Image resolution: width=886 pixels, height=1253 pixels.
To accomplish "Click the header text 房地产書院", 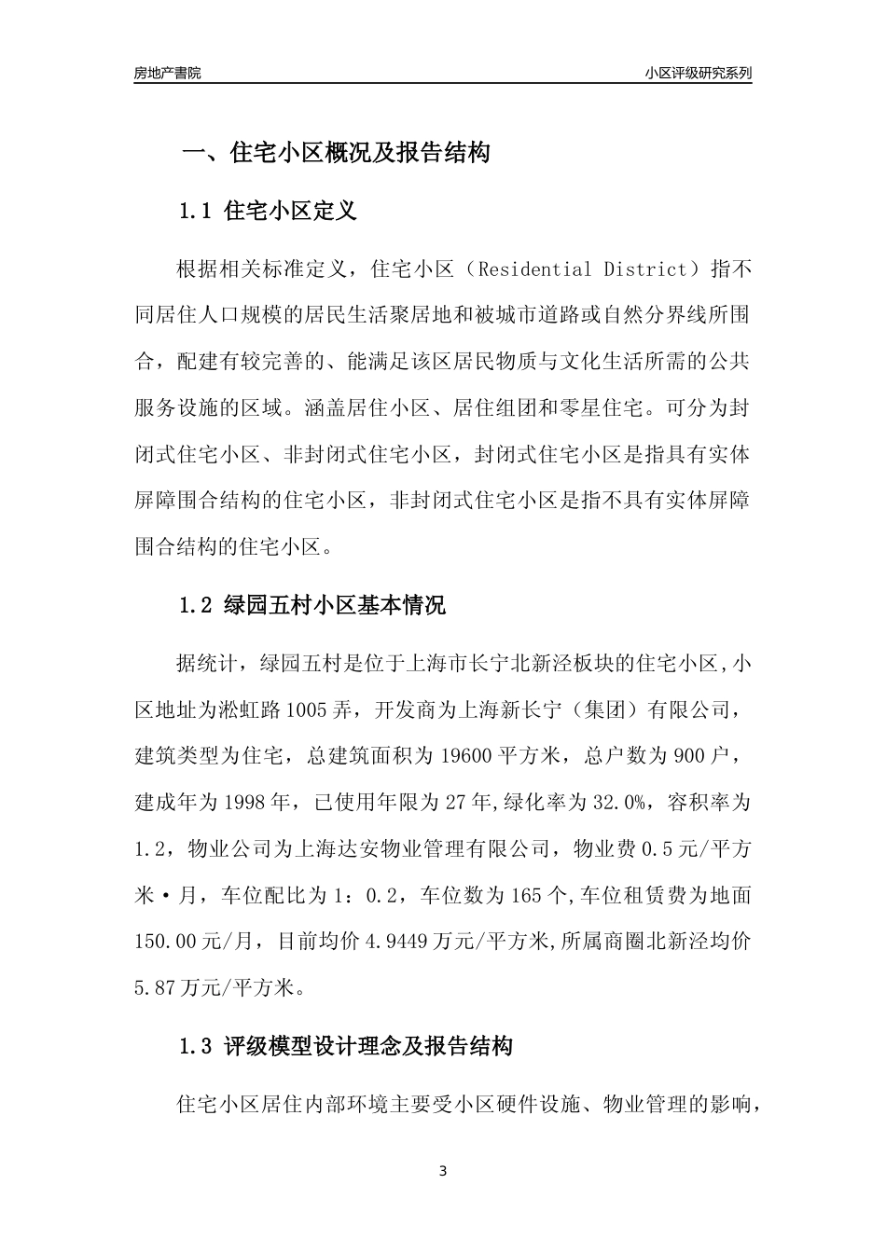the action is coord(167,73).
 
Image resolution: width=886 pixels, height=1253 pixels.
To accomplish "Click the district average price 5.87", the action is coord(155,987).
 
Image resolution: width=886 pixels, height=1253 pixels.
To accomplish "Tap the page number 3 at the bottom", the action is coord(443,1171).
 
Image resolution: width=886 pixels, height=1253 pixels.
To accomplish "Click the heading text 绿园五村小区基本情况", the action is coord(335,605).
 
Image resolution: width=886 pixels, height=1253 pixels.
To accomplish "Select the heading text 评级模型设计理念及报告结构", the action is coord(368,1047).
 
